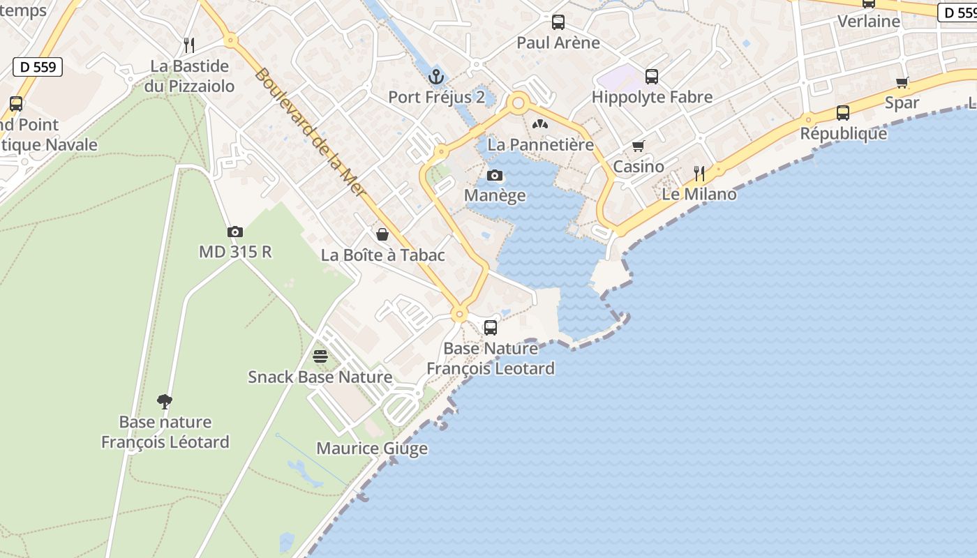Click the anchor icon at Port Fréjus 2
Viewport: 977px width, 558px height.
click(437, 76)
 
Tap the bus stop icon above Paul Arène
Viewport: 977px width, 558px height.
click(558, 22)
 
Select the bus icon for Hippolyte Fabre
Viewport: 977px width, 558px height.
click(652, 77)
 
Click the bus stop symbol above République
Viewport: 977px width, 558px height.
click(843, 113)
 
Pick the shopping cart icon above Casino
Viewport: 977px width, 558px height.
click(638, 146)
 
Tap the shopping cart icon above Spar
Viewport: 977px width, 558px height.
click(902, 82)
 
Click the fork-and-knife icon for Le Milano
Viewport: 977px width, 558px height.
click(699, 173)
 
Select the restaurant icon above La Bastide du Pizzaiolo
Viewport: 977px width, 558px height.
click(189, 45)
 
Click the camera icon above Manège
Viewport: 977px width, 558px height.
click(495, 175)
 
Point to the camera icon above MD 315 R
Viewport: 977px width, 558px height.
click(235, 232)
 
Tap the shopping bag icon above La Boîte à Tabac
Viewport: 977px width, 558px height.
click(382, 234)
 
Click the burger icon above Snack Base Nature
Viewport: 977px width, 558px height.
click(320, 357)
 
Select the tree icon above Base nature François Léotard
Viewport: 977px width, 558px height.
click(165, 401)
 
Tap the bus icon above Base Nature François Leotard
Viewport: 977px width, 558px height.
click(491, 327)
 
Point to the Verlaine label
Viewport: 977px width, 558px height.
click(869, 22)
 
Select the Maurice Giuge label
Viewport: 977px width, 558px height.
click(372, 448)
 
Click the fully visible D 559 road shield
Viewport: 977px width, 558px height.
click(38, 67)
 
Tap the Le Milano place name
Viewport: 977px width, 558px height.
click(699, 194)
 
